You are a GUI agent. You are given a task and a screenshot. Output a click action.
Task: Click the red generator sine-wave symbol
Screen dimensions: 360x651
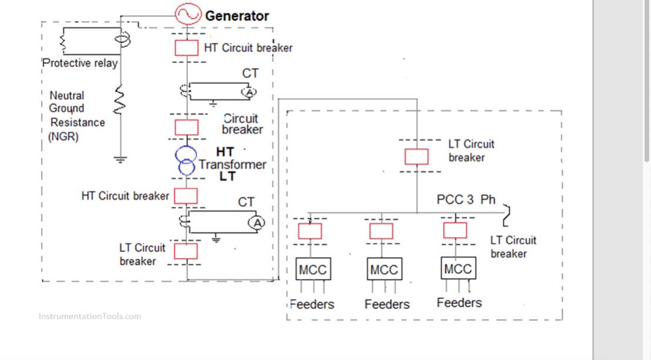pyautogui.click(x=188, y=15)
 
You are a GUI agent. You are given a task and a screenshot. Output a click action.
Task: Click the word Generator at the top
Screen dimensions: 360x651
pyautogui.click(x=237, y=16)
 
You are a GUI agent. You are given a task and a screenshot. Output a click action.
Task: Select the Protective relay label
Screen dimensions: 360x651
pyautogui.click(x=80, y=63)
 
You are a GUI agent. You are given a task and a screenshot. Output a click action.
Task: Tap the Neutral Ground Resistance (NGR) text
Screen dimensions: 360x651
pyautogui.click(x=76, y=115)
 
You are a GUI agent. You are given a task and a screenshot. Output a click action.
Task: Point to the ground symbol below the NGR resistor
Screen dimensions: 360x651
pyautogui.click(x=120, y=159)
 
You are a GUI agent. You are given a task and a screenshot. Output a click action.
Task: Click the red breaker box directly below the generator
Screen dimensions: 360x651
pyautogui.click(x=187, y=48)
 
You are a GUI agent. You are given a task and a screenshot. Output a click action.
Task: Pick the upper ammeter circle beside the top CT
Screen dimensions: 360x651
pyautogui.click(x=249, y=92)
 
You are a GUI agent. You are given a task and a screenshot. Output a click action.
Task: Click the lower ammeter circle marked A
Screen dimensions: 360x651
pyautogui.click(x=257, y=223)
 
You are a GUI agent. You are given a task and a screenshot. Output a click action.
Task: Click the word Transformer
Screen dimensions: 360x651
pyautogui.click(x=232, y=164)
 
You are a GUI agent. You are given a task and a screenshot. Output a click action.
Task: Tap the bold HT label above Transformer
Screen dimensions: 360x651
pyautogui.click(x=225, y=152)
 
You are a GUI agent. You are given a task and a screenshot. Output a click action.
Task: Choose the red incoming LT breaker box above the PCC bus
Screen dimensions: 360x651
pyautogui.click(x=417, y=157)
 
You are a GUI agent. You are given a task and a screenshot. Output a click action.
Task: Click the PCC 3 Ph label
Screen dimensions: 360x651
pyautogui.click(x=466, y=200)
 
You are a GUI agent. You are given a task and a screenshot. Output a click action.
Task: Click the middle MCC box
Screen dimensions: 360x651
pyautogui.click(x=384, y=270)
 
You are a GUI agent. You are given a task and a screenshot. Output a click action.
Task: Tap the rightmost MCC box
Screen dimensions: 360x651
pyautogui.click(x=458, y=269)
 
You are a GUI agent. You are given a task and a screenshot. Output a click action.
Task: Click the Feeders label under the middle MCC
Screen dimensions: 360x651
pyautogui.click(x=387, y=304)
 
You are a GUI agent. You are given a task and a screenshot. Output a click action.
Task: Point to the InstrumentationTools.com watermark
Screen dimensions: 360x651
pyautogui.click(x=90, y=317)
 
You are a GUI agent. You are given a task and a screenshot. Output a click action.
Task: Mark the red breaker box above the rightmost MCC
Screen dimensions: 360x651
pyautogui.click(x=455, y=230)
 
